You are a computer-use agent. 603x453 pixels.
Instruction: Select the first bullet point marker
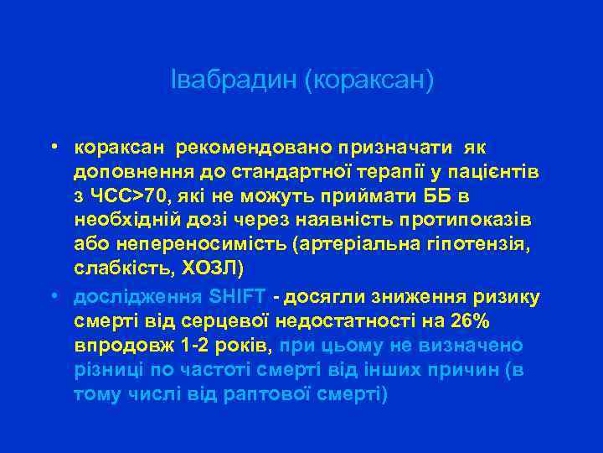(x=52, y=146)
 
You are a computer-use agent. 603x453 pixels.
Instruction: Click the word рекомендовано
(x=246, y=148)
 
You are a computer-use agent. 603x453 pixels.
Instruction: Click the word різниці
(x=107, y=370)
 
